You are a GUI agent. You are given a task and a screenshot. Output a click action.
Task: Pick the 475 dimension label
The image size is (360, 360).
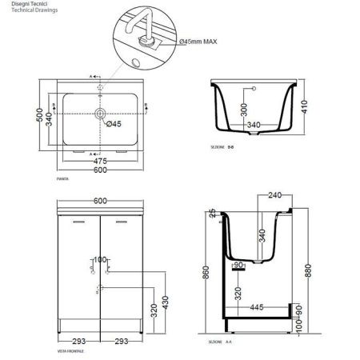point(100,160)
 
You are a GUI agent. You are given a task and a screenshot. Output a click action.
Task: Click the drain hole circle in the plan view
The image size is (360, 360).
point(100,114)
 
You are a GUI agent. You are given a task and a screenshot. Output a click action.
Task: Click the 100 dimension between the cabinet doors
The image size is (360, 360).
point(100,260)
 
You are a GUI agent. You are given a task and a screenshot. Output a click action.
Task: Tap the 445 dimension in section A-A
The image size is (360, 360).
point(256,306)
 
